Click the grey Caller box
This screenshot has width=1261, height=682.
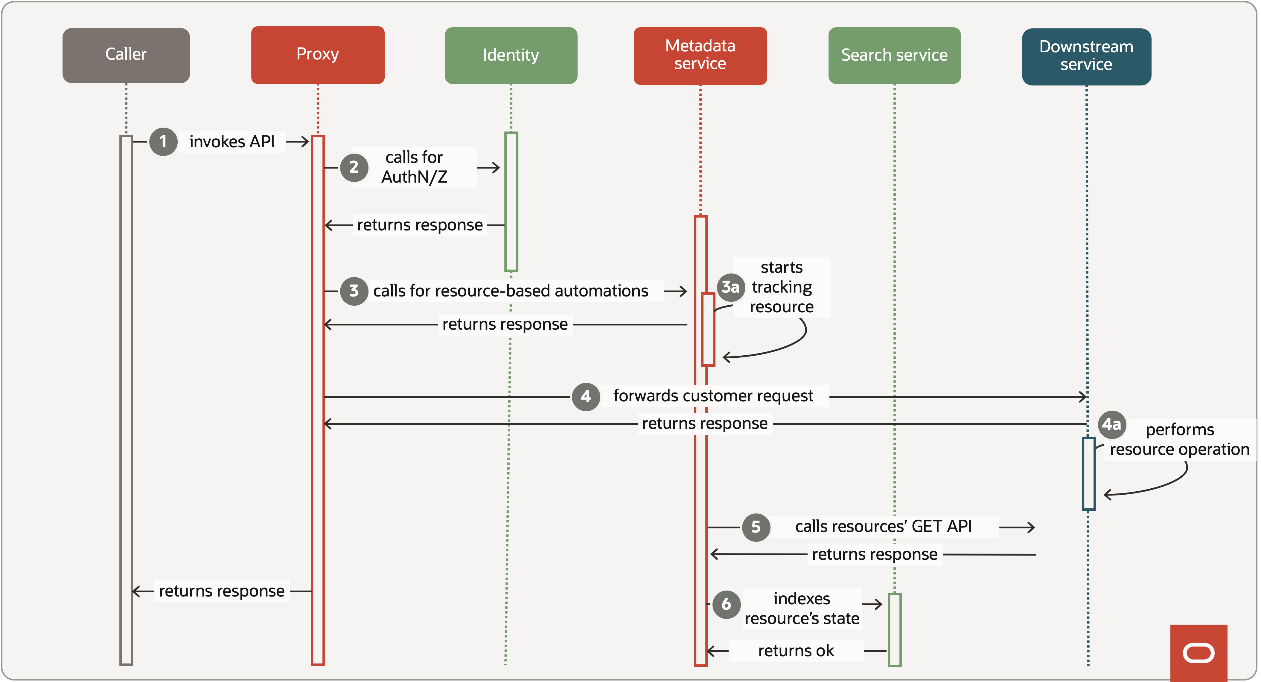pos(126,55)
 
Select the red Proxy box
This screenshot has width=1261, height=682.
pos(318,55)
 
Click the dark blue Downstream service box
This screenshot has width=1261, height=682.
pos(1086,56)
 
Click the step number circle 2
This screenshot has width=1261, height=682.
pos(354,167)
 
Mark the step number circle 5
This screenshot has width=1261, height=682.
pos(756,527)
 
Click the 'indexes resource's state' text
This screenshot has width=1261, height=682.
pos(802,608)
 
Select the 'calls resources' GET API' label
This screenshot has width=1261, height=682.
pos(883,526)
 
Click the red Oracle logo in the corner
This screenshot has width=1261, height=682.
pos(1198,653)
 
